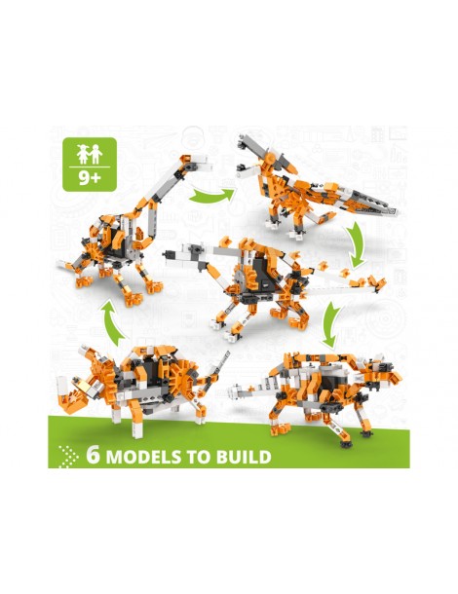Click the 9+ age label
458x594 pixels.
click(90, 177)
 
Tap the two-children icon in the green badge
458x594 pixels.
click(90, 154)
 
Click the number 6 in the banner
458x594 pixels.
click(93, 455)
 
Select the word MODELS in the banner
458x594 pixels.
click(143, 457)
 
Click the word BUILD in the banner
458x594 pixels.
click(244, 457)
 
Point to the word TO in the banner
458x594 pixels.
click(199, 457)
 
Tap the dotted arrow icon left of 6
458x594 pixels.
click(68, 456)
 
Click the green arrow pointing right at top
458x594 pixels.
click(211, 195)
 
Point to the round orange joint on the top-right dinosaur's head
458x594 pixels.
click(270, 157)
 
